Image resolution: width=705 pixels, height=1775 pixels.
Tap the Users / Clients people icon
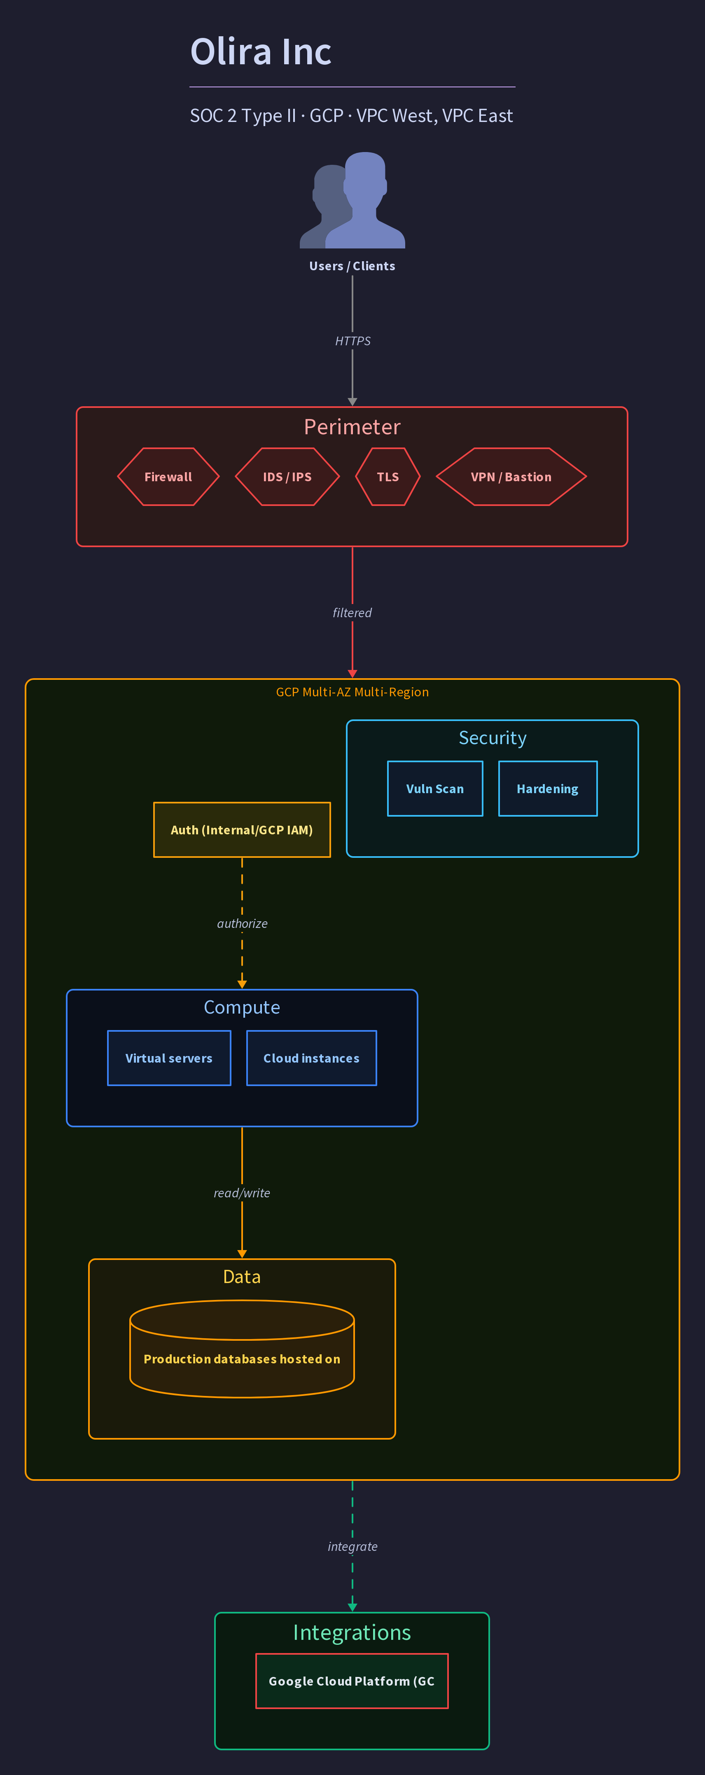coord(352,200)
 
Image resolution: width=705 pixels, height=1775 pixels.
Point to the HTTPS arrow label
coord(352,341)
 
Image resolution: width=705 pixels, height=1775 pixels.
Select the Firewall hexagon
coord(168,477)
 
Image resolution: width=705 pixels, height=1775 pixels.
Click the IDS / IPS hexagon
coord(287,477)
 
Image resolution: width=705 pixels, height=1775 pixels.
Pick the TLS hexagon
coord(388,477)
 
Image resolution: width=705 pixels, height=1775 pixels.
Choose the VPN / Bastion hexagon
coord(511,477)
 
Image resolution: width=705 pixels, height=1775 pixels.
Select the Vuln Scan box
coord(435,789)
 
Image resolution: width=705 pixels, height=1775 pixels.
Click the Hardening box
coord(548,789)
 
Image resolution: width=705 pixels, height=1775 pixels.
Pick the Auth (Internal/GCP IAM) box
coord(242,830)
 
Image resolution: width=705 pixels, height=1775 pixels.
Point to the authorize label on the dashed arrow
coord(242,923)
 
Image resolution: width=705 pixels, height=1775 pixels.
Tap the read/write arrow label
coord(242,1193)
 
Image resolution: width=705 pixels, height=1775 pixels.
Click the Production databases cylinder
coord(242,1349)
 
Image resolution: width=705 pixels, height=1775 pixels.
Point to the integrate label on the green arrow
coord(352,1546)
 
